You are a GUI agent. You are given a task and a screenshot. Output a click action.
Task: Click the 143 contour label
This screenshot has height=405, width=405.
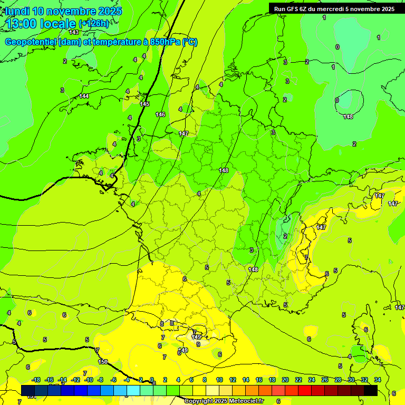click(74, 47)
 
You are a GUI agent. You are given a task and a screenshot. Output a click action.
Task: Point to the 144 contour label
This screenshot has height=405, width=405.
click(84, 96)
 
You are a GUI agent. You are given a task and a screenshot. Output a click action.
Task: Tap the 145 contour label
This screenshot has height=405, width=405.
click(144, 104)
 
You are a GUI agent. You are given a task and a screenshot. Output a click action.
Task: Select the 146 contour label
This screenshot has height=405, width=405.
click(160, 114)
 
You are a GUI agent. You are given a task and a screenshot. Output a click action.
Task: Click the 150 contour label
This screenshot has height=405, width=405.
click(103, 362)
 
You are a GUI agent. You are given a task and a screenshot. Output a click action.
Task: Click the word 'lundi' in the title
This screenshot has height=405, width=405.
click(17, 11)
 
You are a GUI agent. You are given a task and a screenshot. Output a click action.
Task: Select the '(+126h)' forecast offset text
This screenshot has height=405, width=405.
click(94, 23)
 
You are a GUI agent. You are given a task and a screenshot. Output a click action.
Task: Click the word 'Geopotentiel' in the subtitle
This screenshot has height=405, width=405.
click(31, 42)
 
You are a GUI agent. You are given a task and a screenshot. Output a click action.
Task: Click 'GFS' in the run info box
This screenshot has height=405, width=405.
click(292, 9)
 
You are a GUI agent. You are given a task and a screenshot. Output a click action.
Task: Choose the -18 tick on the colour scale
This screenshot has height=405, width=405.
click(36, 380)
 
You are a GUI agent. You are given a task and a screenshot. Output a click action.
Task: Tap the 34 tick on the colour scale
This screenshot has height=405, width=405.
click(378, 380)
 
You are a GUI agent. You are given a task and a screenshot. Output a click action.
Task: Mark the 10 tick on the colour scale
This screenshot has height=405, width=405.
click(218, 380)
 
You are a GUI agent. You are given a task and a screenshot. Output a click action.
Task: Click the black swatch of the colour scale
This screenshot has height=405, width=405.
click(370, 390)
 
